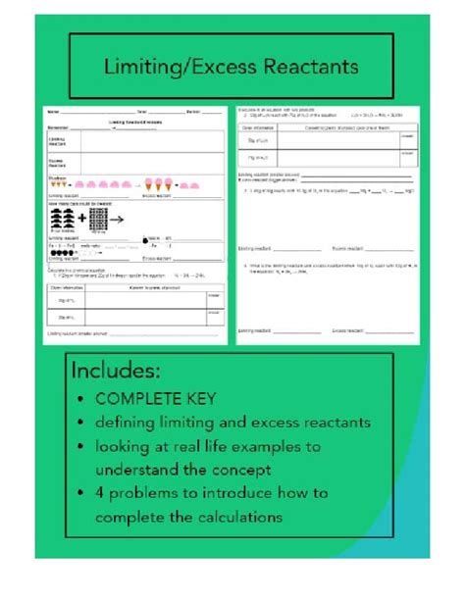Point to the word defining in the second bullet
click(129, 424)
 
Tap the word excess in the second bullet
click(283, 424)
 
